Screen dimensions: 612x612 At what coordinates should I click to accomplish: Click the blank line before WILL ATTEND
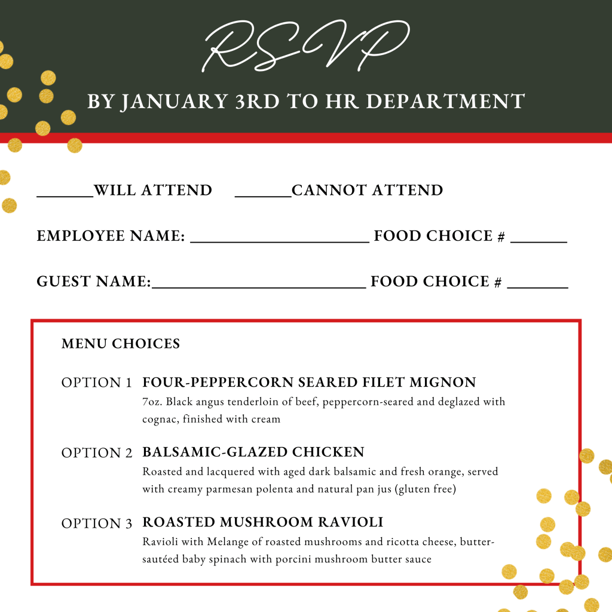(x=65, y=192)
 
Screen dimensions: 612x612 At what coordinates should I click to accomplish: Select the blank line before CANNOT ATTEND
(x=263, y=192)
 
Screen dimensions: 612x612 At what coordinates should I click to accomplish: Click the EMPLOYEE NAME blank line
(x=279, y=238)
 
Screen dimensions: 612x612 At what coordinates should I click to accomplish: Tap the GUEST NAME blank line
(x=259, y=283)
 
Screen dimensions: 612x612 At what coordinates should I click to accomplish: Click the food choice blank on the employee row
(x=538, y=238)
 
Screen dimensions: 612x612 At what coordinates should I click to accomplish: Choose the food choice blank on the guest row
(x=537, y=283)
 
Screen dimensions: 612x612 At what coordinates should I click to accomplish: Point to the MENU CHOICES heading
(x=121, y=344)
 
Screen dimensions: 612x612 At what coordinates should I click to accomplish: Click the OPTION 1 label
(x=96, y=383)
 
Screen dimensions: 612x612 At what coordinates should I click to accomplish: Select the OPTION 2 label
(x=96, y=453)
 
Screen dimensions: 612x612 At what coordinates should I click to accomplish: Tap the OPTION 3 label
(x=96, y=524)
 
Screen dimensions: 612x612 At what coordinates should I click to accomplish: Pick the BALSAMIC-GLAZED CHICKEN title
(x=253, y=452)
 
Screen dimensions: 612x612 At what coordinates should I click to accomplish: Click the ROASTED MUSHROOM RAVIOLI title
(x=263, y=522)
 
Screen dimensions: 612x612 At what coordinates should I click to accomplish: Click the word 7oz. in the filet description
(x=152, y=402)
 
